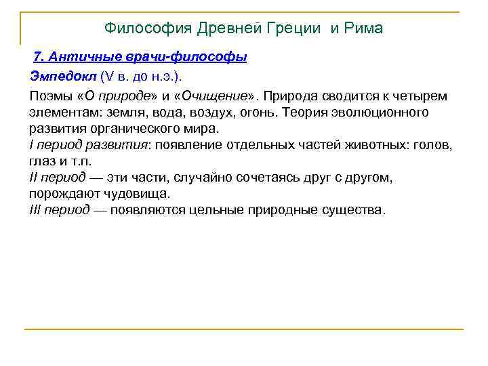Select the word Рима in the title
tap(364, 28)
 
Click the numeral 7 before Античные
tap(39, 58)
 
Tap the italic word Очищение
tap(214, 95)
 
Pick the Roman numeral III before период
tap(35, 210)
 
